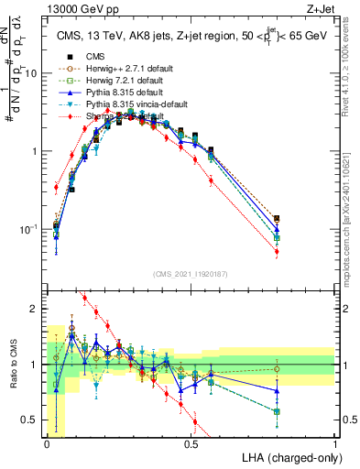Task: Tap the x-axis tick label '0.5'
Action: (191, 444)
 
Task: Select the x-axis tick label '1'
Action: (334, 444)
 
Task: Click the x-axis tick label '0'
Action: (48, 444)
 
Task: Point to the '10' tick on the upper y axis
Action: (33, 73)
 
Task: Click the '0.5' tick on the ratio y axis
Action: (32, 420)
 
